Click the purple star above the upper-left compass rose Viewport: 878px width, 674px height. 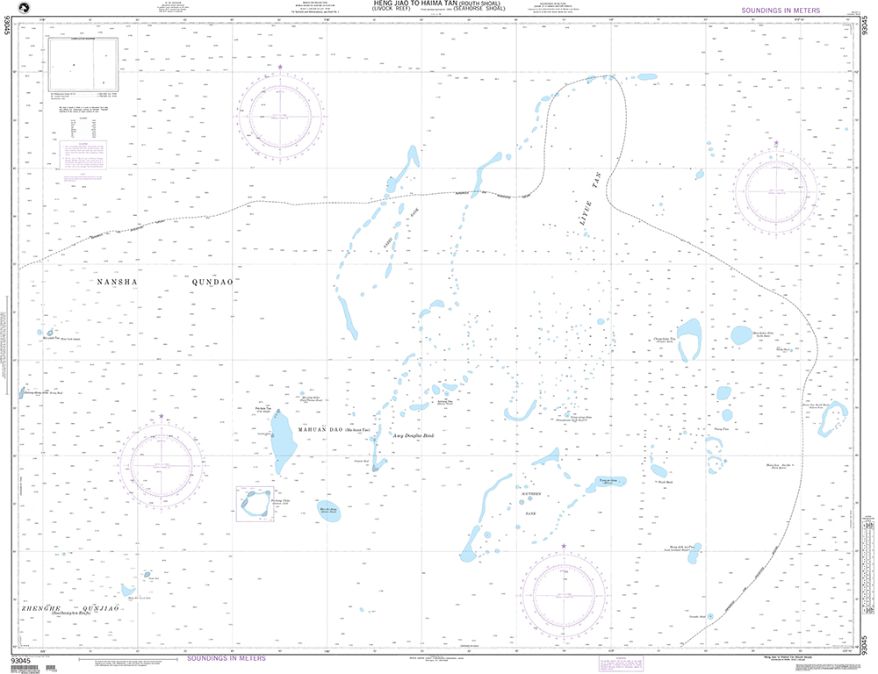(x=280, y=67)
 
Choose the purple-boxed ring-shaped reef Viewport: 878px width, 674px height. (x=255, y=505)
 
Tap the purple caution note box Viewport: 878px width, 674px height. (x=86, y=157)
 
